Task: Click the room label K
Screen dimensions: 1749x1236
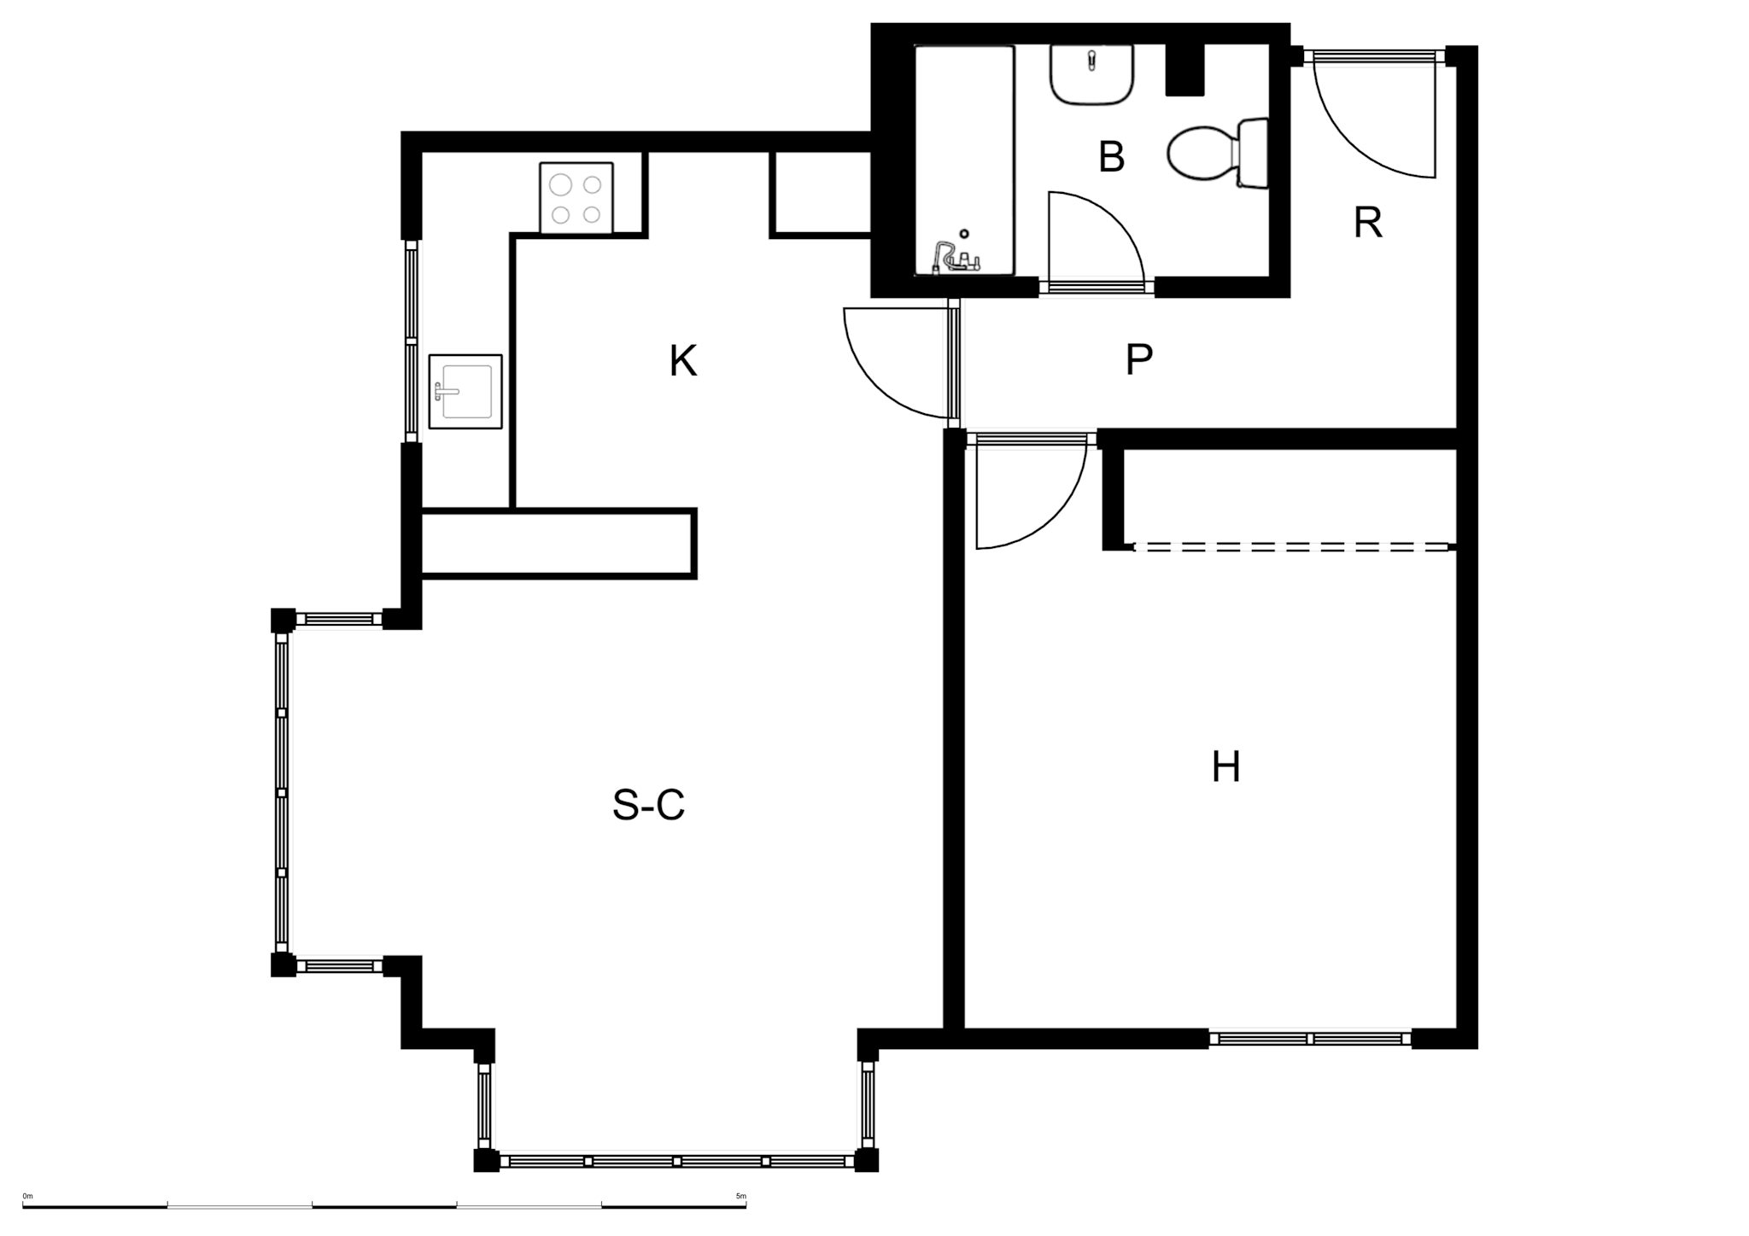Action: point(683,361)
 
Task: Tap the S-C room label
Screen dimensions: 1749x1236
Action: point(648,805)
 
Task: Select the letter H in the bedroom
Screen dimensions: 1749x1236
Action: point(1225,767)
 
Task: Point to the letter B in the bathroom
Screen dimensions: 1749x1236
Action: point(1111,157)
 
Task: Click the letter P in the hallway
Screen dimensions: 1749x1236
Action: point(1138,359)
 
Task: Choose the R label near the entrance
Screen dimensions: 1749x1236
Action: point(1367,223)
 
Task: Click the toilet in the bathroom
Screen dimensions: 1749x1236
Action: point(1217,154)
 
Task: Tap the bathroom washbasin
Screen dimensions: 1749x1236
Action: point(1092,75)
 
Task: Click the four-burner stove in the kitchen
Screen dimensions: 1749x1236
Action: point(576,198)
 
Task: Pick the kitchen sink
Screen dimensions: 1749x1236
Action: point(465,391)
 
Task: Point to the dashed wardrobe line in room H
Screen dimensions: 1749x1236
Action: point(1291,547)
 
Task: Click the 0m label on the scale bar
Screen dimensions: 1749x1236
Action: point(27,1196)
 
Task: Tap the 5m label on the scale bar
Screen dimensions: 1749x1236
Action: point(740,1196)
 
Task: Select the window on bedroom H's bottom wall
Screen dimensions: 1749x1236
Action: point(1310,1039)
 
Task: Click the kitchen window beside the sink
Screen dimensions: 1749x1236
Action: point(412,341)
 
